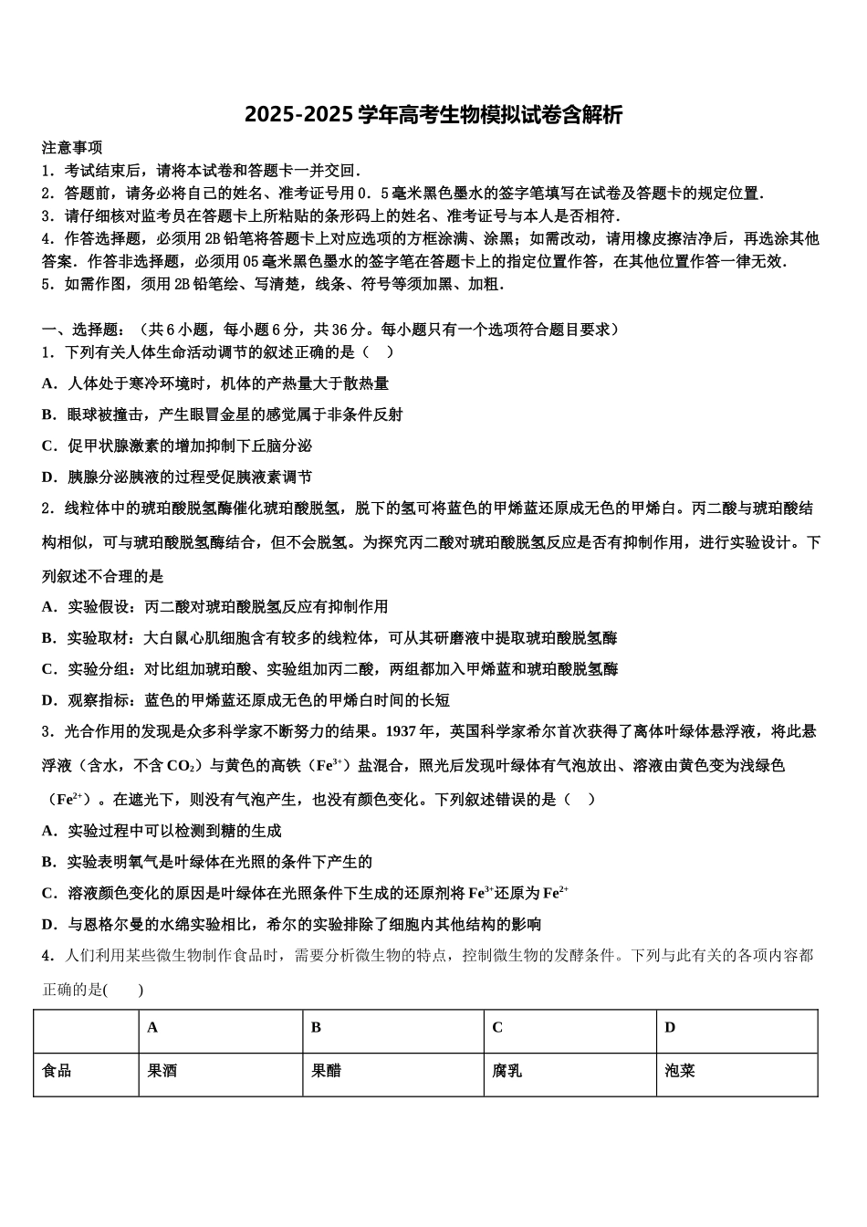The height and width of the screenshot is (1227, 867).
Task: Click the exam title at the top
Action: point(433,115)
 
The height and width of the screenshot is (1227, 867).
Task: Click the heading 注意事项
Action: point(72,147)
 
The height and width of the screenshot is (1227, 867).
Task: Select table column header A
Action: point(152,1028)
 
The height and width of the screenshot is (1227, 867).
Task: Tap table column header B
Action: point(316,1028)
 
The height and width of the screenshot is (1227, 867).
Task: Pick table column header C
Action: point(497,1028)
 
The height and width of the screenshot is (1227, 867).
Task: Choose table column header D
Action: point(670,1028)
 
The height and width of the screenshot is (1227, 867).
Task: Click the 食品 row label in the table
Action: point(57,1071)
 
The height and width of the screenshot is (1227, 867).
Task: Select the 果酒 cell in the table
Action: point(162,1071)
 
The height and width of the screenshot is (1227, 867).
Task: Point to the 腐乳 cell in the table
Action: point(507,1071)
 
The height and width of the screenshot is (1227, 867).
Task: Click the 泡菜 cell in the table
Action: point(680,1071)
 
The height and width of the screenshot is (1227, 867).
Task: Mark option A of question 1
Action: point(215,383)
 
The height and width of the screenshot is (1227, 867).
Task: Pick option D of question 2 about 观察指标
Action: point(245,700)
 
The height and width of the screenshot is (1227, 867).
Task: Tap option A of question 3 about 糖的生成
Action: point(162,831)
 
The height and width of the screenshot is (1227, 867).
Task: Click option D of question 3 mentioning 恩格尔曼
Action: point(291,924)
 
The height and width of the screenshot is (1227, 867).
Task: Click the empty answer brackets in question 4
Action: point(123,990)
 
